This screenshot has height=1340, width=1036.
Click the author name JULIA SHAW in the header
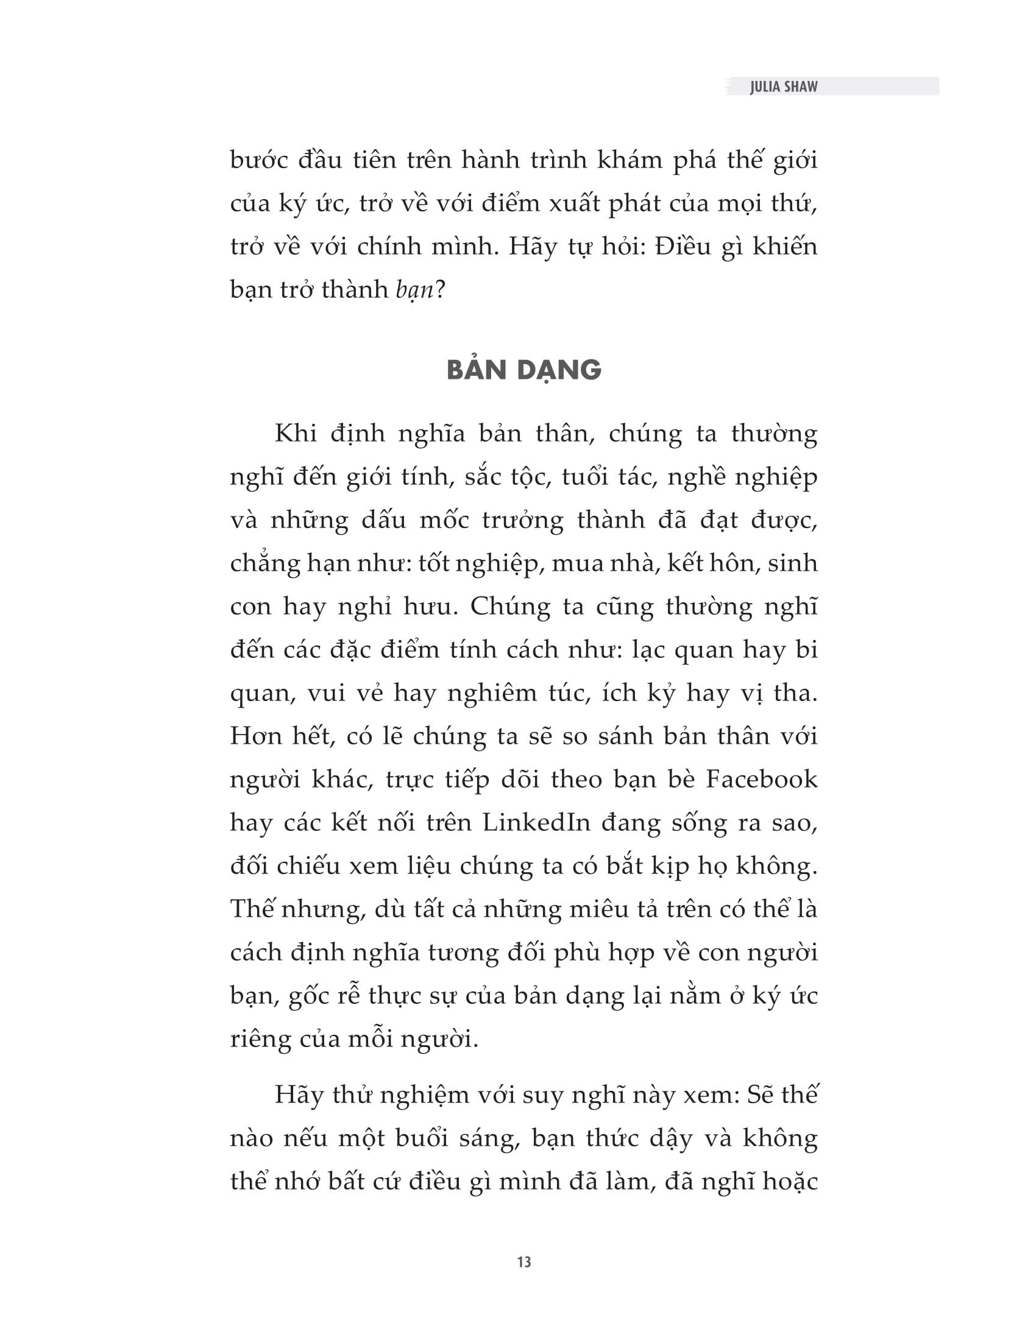point(783,86)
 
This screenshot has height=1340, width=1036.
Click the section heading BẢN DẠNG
point(523,370)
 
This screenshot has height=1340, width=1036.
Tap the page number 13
point(523,1262)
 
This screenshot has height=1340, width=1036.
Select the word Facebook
point(762,779)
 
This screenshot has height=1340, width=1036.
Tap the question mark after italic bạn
point(439,289)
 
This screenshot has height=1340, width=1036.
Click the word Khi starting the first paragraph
point(295,433)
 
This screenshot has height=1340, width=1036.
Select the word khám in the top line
point(629,160)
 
